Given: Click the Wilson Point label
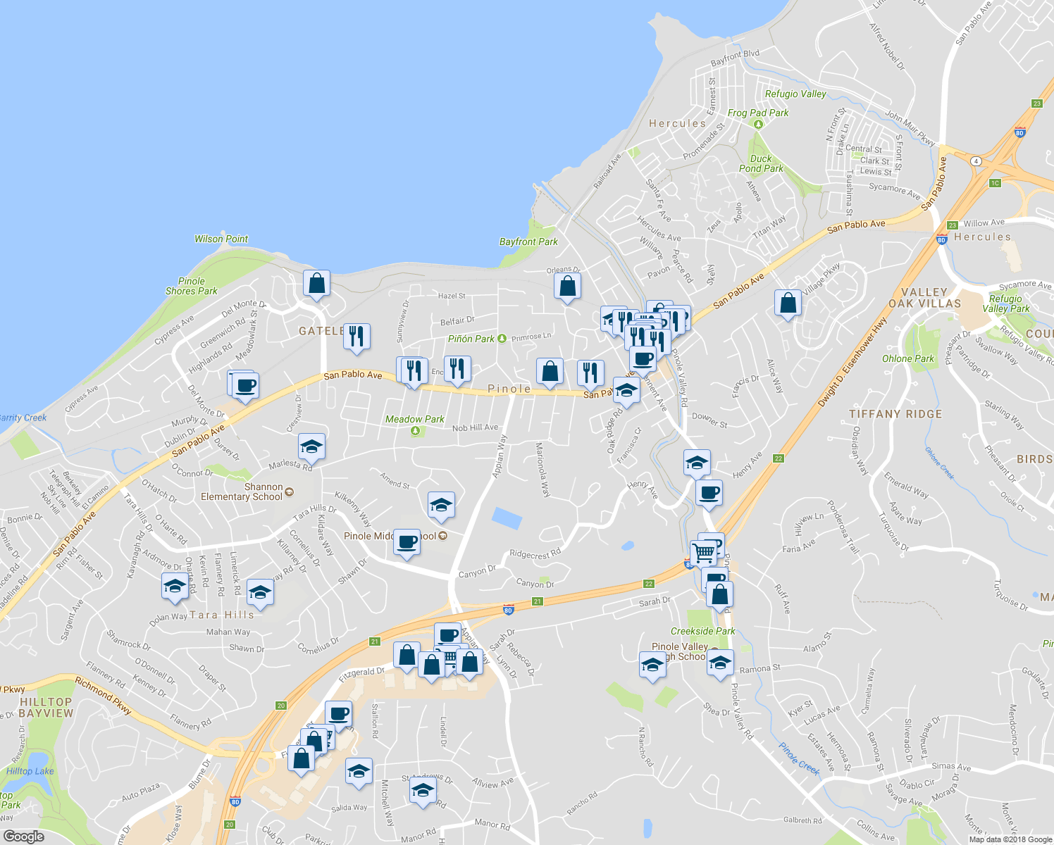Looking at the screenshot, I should tap(221, 239).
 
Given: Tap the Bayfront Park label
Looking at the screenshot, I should tap(528, 242).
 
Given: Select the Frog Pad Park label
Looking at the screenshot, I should tap(758, 113).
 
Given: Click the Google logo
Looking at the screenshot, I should tap(23, 837).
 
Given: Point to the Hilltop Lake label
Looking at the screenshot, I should tap(30, 771).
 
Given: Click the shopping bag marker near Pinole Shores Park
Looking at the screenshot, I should tap(317, 283).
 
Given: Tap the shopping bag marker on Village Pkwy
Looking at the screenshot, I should tap(788, 303).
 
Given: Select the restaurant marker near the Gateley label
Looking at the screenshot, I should tap(356, 337).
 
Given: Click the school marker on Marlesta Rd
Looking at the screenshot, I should tap(311, 446).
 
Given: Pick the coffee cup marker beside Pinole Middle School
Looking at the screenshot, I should tap(407, 542).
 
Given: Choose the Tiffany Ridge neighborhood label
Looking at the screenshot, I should tap(895, 414).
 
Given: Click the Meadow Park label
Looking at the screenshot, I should tap(414, 419).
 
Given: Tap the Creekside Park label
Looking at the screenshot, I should tap(702, 632).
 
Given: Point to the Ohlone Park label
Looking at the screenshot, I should tap(908, 358).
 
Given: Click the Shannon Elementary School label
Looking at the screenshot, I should tap(242, 492).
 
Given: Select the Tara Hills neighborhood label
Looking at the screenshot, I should tap(221, 615).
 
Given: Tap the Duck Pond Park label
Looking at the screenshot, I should tap(761, 163).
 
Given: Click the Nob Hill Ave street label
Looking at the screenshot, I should tap(475, 427).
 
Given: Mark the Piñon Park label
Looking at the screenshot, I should tap(471, 339).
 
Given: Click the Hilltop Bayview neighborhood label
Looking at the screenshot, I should tap(46, 708).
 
